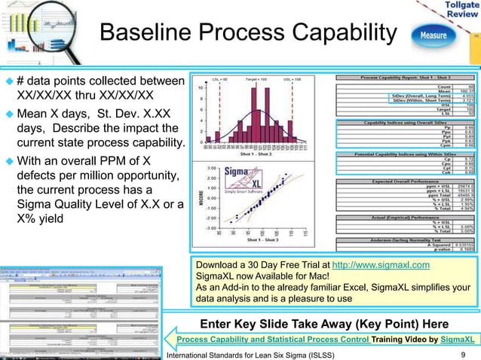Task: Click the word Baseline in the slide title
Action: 143,34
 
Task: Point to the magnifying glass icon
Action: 30,26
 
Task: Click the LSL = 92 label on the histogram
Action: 216,79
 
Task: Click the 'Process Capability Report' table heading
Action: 402,78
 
